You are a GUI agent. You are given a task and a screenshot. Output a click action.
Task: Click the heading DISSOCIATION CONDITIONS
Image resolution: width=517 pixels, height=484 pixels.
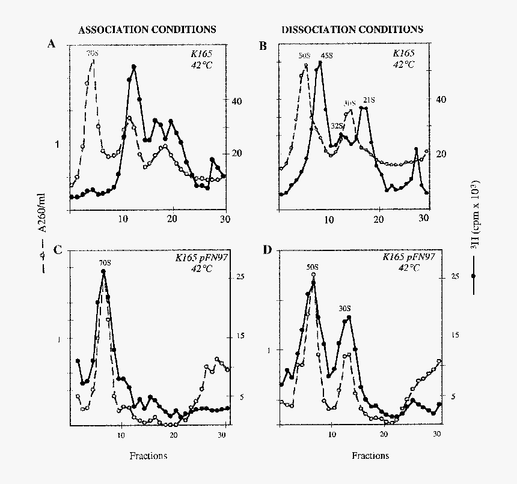[x=352, y=29]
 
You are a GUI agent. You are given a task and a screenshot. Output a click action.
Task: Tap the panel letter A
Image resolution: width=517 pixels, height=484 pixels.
[x=52, y=44]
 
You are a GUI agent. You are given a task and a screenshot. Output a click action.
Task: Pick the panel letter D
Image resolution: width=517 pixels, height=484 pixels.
[x=268, y=249]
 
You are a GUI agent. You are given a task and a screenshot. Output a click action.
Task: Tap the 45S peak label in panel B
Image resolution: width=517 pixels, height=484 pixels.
[x=326, y=56]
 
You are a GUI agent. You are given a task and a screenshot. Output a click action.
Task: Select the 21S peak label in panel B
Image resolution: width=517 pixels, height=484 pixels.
[x=368, y=100]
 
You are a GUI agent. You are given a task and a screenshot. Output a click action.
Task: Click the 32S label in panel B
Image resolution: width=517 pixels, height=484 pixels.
[x=337, y=126]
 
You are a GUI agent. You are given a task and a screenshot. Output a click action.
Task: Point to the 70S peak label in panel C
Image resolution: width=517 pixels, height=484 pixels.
[x=105, y=262]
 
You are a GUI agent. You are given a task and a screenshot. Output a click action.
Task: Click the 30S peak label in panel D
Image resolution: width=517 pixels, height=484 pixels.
[x=345, y=308]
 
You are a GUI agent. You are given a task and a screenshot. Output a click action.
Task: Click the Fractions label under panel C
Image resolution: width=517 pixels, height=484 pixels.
[x=148, y=456]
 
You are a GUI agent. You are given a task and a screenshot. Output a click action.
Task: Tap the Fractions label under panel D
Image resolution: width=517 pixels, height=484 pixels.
[x=370, y=456]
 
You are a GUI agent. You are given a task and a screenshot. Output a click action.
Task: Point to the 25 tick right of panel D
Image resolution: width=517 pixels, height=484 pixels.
[x=455, y=276]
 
